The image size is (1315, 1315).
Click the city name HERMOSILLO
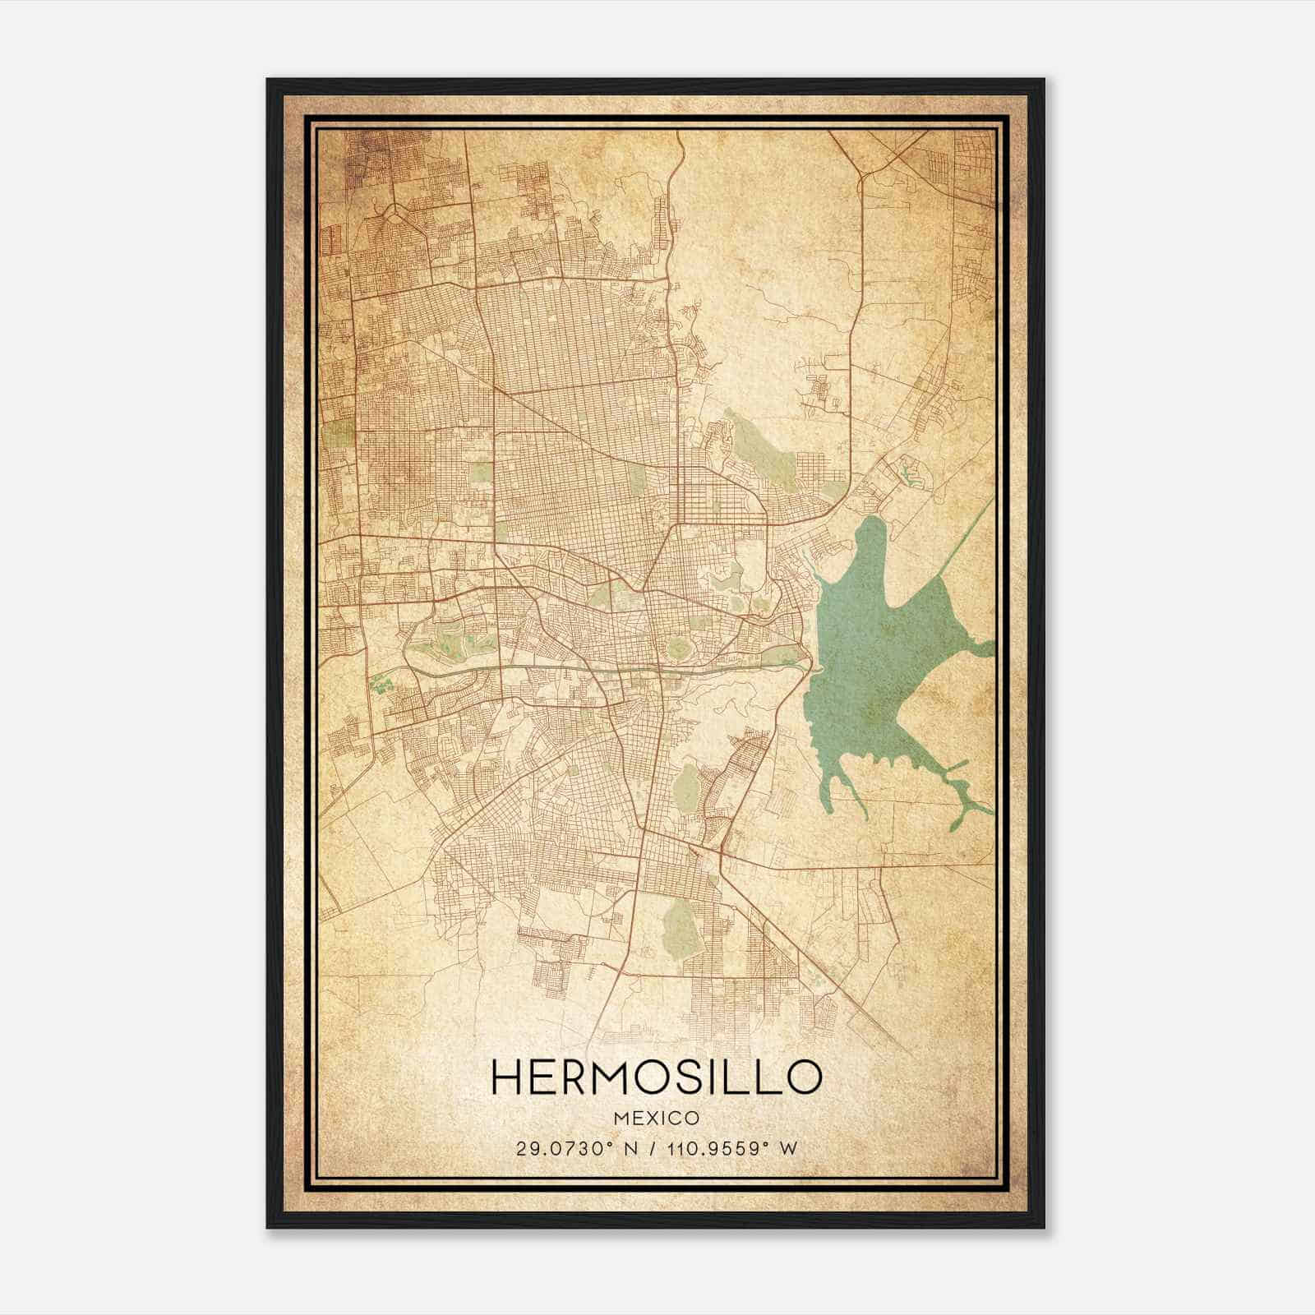[656, 1077]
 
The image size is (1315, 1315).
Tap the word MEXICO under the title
[656, 1118]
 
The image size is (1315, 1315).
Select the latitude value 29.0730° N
[570, 1148]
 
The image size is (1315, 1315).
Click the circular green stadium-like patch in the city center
[678, 649]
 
